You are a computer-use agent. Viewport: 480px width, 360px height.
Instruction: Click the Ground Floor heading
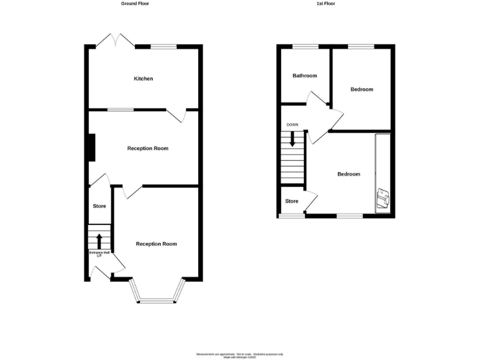[x=135, y=4]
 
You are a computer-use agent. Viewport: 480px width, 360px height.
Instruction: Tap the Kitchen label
[x=142, y=79]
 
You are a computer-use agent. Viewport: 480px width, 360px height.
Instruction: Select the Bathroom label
[x=304, y=76]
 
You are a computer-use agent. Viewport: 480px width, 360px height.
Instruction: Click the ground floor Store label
[x=99, y=206]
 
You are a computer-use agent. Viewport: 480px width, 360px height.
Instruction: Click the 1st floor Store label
[x=292, y=201]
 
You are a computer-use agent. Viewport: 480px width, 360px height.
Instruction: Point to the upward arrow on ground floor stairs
[x=99, y=240]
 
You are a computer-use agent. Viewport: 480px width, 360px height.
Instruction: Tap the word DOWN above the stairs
[x=292, y=125]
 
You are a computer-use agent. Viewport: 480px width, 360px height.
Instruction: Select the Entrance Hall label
[x=99, y=254]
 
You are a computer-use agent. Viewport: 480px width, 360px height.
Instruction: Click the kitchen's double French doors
[x=115, y=41]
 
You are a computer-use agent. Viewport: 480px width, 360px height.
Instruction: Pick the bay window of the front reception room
[x=159, y=300]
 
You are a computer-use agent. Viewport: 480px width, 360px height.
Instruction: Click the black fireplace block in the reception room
[x=91, y=148]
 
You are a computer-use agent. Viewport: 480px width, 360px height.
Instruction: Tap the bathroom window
[x=305, y=46]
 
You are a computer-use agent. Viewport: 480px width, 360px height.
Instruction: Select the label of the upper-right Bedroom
[x=361, y=89]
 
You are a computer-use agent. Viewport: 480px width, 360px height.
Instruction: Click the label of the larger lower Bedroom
[x=349, y=174]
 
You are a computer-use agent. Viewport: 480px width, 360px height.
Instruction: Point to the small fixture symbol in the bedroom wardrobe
[x=382, y=198]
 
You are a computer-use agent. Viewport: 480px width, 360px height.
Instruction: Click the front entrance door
[x=101, y=271]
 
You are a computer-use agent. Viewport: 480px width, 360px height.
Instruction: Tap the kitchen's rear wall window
[x=164, y=46]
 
